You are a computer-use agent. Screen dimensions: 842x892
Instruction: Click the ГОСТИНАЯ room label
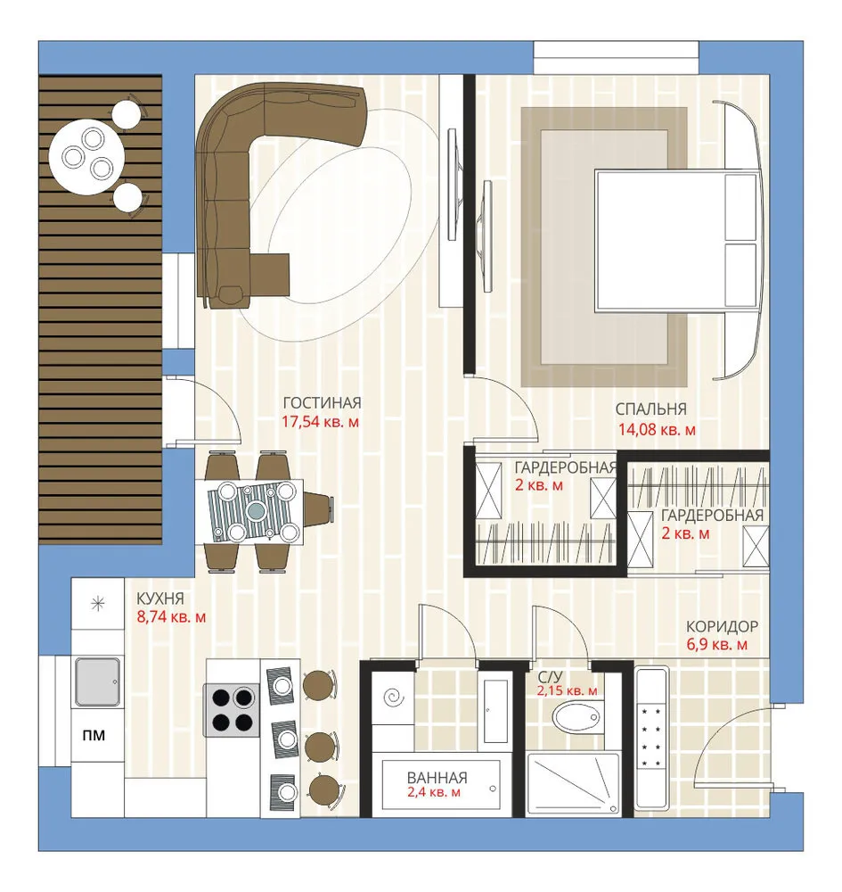(x=322, y=403)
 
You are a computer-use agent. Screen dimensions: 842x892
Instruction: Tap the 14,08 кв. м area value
(x=657, y=430)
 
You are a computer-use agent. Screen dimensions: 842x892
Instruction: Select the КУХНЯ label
(x=160, y=599)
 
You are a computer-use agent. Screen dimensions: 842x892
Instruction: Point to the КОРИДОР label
(x=722, y=626)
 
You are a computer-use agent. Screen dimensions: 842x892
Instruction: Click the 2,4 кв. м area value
(x=434, y=792)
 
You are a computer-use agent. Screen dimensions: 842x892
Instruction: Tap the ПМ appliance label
(x=94, y=735)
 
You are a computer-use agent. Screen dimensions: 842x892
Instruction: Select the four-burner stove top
(x=232, y=710)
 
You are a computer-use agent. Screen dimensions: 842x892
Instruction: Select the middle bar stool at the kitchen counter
(x=320, y=746)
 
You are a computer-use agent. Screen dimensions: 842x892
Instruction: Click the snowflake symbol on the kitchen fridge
(x=98, y=604)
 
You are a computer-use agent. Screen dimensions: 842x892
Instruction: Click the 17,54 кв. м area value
(x=321, y=423)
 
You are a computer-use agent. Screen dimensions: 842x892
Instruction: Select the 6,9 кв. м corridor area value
(x=717, y=645)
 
